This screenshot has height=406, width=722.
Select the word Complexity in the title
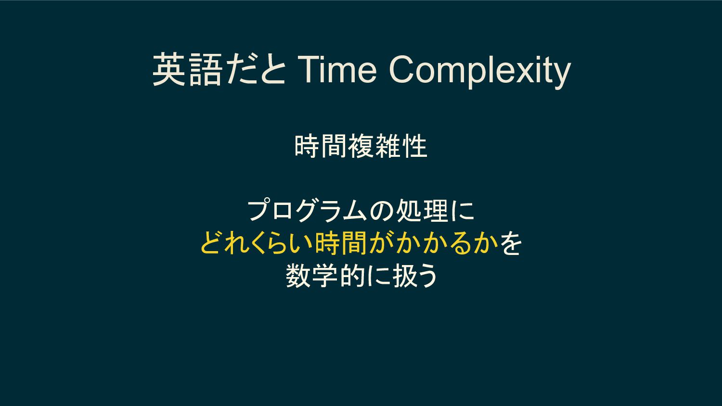click(x=479, y=72)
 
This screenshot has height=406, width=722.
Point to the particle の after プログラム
click(x=382, y=211)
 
